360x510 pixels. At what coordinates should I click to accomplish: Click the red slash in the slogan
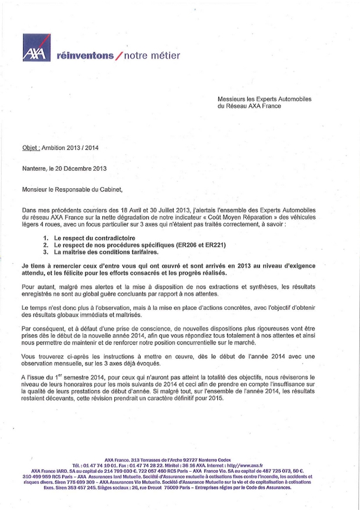(x=119, y=56)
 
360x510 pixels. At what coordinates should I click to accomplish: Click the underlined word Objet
(x=30, y=148)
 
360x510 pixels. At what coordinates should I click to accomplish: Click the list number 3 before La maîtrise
(x=46, y=253)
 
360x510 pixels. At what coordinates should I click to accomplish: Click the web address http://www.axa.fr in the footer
(x=240, y=465)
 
